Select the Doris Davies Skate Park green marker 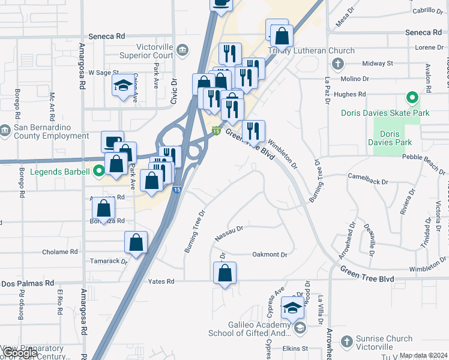coord(412,97)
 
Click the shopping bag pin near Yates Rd coord(224,273)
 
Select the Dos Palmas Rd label coord(28,283)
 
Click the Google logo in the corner coord(20,353)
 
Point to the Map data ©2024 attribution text coord(424,355)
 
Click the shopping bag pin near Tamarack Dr coord(136,243)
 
